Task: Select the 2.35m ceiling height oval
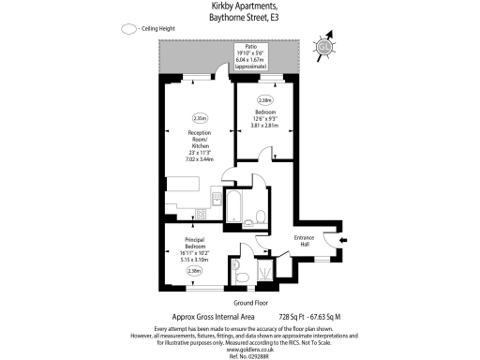tap(200, 118)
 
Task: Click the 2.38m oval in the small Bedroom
tap(265, 100)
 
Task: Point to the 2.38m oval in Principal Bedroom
tap(194, 272)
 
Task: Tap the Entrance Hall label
tap(304, 242)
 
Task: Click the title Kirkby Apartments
tap(240, 7)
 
